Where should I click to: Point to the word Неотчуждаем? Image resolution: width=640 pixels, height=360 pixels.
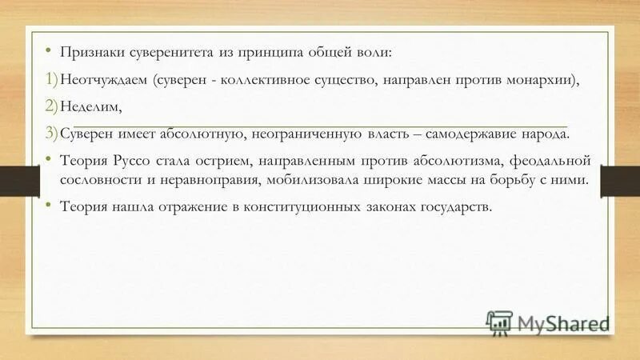[104, 81]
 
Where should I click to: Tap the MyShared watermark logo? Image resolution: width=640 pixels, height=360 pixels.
[548, 324]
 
